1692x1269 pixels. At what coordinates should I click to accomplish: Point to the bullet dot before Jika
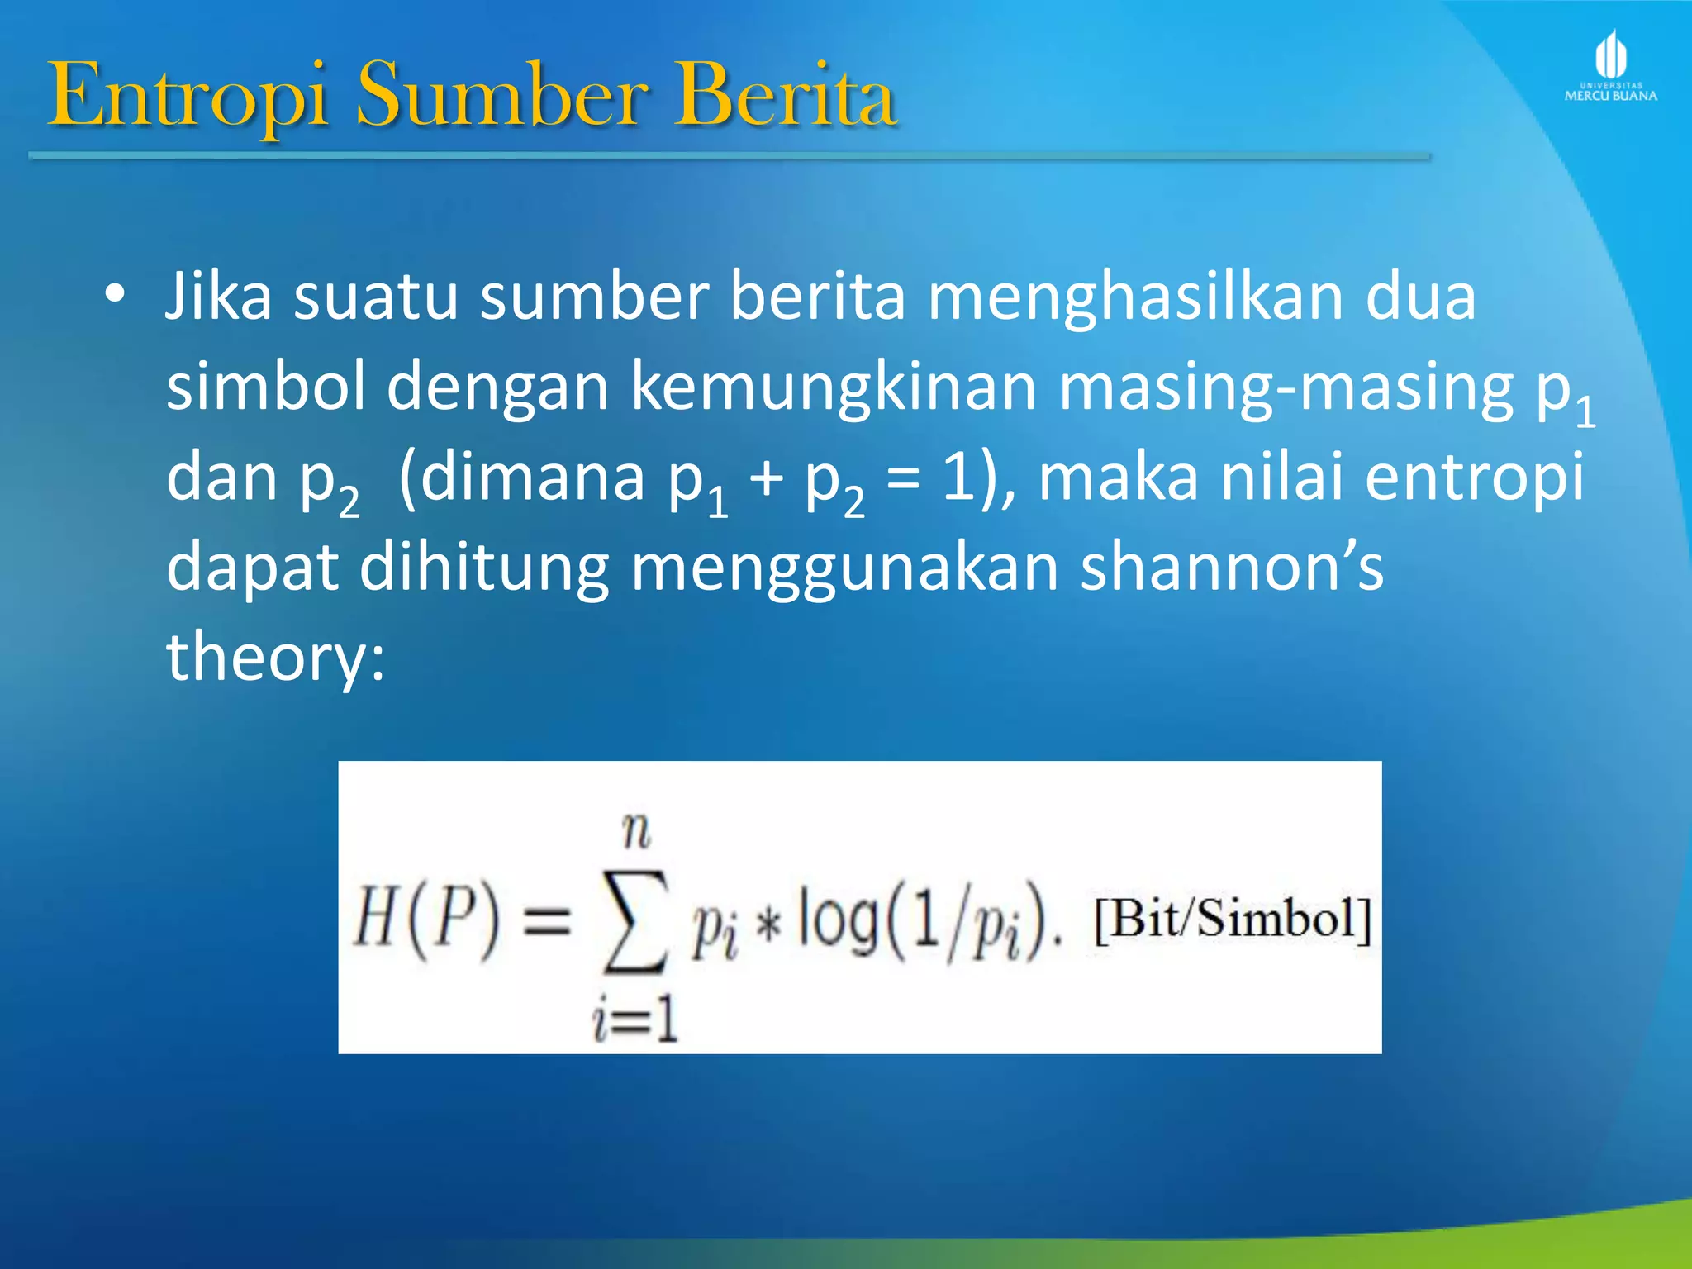tap(115, 294)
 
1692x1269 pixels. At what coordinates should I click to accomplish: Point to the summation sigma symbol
tap(634, 921)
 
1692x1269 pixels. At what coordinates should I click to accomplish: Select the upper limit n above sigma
tap(636, 830)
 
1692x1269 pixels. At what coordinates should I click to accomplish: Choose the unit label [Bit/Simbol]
tap(1232, 920)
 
